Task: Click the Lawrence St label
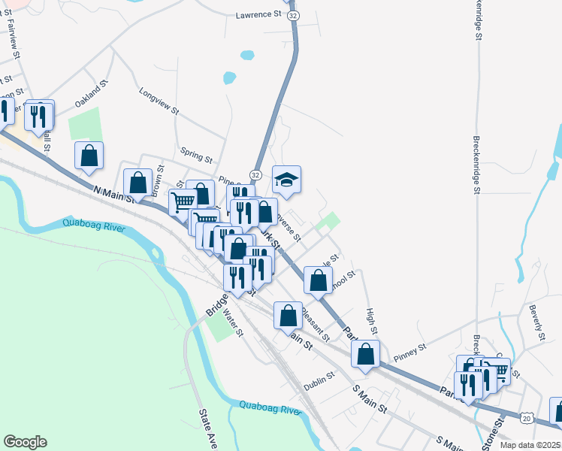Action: click(257, 14)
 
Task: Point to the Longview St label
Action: click(159, 101)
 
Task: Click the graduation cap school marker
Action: click(286, 180)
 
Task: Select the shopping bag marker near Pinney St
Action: click(365, 354)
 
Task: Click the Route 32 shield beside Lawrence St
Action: click(294, 15)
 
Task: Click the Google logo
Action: click(25, 441)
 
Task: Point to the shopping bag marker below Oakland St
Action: click(89, 156)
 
